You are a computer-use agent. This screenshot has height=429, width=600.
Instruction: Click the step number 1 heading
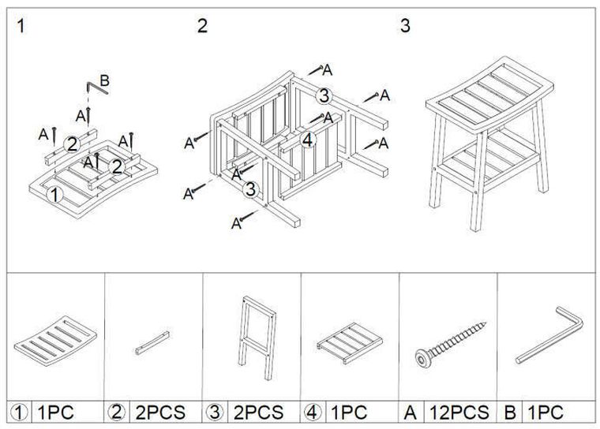coord(21,26)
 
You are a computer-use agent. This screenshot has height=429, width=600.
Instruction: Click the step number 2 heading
coord(202,25)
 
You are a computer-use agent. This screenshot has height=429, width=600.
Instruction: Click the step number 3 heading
coord(405,25)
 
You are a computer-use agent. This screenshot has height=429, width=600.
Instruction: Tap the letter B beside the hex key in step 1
coord(104,80)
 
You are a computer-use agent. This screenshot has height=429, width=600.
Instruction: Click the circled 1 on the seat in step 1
coord(54,195)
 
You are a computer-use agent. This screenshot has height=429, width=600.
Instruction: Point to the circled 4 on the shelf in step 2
coord(308,140)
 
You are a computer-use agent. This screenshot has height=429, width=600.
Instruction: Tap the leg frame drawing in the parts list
coord(257,337)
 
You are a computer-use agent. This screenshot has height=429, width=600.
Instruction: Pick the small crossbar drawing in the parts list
coord(152,343)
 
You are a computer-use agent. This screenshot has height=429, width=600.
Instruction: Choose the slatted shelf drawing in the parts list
coord(350,343)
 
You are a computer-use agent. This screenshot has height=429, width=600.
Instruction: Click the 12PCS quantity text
coord(459,412)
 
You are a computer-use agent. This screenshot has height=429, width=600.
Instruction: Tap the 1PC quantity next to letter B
coord(546,412)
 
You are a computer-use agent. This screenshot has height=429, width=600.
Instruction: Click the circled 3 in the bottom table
coord(215,412)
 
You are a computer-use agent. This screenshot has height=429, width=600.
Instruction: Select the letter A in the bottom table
coord(410,412)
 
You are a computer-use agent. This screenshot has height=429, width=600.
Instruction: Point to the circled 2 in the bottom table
coord(117,412)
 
